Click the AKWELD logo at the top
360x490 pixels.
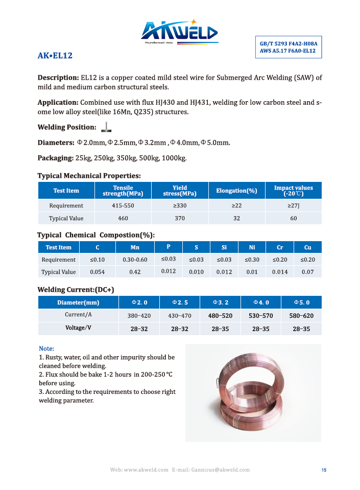[x=179, y=32]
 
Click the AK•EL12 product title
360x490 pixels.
[x=55, y=55]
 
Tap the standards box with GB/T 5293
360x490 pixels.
[x=288, y=48]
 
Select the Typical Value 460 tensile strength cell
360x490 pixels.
[x=123, y=218]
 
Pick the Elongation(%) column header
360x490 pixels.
[x=236, y=191]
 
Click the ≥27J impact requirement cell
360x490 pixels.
[x=294, y=205]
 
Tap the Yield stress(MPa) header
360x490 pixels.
[x=180, y=191]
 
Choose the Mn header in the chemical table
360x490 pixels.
[x=135, y=247]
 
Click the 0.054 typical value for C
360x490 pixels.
[x=98, y=272]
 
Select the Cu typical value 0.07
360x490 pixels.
[x=307, y=272]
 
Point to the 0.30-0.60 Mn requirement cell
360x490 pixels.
[x=135, y=260]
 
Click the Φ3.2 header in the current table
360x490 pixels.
[x=220, y=303]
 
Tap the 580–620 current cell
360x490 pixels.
[x=301, y=316]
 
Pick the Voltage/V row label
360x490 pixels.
[x=78, y=328]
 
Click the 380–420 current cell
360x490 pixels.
[x=139, y=316]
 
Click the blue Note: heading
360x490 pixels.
[x=46, y=348]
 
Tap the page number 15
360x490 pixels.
[x=324, y=470]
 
